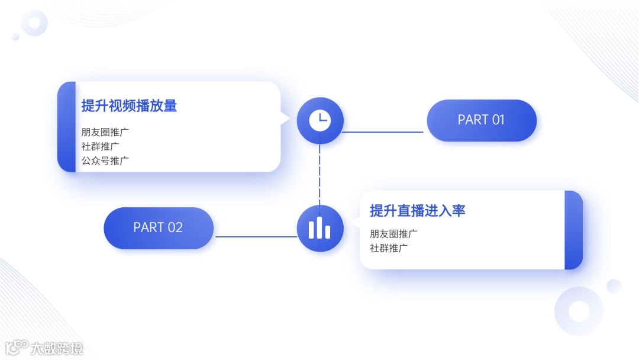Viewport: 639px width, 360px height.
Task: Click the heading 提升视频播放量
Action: click(x=129, y=106)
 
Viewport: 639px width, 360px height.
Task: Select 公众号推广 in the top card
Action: click(x=105, y=160)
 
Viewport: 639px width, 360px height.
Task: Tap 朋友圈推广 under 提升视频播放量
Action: click(x=105, y=131)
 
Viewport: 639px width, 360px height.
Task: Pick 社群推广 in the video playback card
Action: click(x=101, y=146)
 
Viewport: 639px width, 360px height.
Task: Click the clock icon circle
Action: click(x=319, y=120)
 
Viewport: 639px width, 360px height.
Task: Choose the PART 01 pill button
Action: click(x=481, y=120)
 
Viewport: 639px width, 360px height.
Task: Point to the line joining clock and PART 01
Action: click(x=383, y=132)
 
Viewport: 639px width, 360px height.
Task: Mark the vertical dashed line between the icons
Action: click(x=320, y=175)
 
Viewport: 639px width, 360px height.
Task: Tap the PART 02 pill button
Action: click(x=158, y=228)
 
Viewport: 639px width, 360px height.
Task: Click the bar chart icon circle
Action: click(x=319, y=228)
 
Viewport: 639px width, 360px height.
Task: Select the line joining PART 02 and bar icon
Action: click(x=256, y=237)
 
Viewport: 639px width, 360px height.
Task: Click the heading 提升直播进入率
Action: click(x=418, y=211)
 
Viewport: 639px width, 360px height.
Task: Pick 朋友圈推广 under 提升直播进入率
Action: click(x=393, y=234)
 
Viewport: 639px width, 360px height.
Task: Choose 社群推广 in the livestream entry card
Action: click(x=389, y=248)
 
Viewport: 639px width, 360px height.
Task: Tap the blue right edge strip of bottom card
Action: click(x=573, y=230)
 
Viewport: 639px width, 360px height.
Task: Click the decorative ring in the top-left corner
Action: click(x=34, y=23)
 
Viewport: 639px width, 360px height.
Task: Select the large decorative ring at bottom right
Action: click(x=579, y=311)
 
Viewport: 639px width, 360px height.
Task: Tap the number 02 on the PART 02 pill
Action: click(x=175, y=228)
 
